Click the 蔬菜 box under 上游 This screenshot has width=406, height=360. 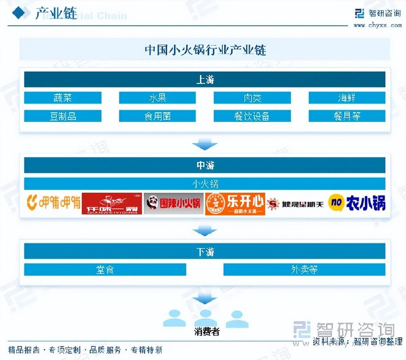coord(62,98)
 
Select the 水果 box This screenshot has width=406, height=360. coord(157,98)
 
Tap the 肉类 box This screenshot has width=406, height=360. coord(252,98)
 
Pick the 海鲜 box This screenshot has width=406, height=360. coord(347,98)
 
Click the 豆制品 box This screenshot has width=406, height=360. coord(62,116)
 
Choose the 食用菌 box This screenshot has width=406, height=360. coord(157,116)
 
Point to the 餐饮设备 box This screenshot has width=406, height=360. coord(252,116)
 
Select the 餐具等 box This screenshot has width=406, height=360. coord(347,116)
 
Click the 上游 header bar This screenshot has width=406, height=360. coord(205,80)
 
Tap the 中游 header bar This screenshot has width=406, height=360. coord(205,165)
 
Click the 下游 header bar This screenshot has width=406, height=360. coord(205,251)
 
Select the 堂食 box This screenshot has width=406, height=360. coord(105,269)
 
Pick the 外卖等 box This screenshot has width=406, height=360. coord(304,269)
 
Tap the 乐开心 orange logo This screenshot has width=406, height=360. coord(235,204)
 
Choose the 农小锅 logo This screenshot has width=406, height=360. coord(357,203)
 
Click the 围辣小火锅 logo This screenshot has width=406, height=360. coord(173,204)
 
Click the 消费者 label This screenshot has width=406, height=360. coord(206,332)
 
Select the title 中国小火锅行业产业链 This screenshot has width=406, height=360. coord(205,50)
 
